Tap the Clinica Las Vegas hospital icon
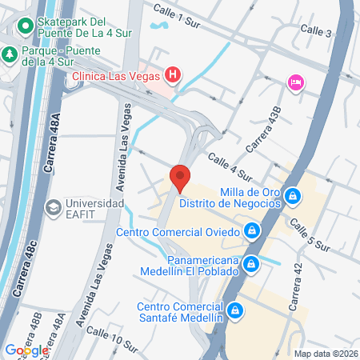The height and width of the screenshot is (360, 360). [x=171, y=76]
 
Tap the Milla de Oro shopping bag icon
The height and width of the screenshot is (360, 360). [x=294, y=195]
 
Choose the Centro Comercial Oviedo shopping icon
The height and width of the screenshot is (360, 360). [x=252, y=232]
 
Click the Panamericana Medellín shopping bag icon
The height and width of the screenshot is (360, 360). [x=252, y=263]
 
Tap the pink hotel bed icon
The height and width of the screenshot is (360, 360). [x=294, y=82]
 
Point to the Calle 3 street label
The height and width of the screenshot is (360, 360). [x=316, y=30]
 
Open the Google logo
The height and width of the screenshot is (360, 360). [x=26, y=350]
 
